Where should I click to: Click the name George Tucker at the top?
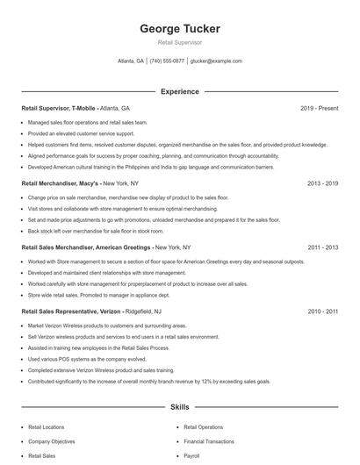(x=180, y=29)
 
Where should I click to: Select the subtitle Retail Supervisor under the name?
(x=180, y=42)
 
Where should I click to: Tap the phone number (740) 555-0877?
(x=167, y=61)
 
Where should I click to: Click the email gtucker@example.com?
(x=216, y=61)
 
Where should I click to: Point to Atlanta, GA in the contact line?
(x=131, y=61)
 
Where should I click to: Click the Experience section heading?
(x=180, y=91)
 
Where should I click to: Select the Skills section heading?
(x=180, y=408)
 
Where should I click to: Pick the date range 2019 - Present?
(x=320, y=108)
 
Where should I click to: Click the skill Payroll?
(x=191, y=456)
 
